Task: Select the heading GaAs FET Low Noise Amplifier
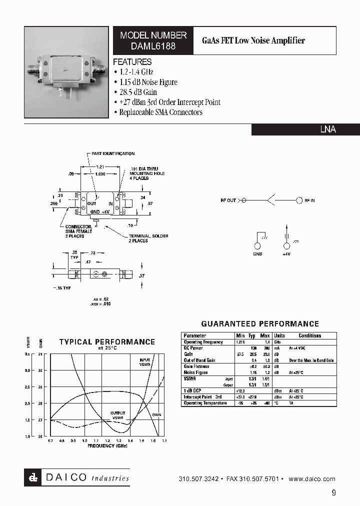coord(253,40)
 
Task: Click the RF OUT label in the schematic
coord(228,200)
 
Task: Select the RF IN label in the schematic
coord(310,200)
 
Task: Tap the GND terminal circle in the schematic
coord(258,246)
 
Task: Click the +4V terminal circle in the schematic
coord(286,246)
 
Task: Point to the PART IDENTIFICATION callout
coord(113,153)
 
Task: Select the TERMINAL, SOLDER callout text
coord(148,236)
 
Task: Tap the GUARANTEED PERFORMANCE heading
coord(259,324)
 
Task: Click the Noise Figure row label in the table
coord(196,372)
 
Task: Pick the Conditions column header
coord(310,336)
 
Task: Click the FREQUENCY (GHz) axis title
coord(107,445)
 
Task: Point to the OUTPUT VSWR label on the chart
coord(117,414)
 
